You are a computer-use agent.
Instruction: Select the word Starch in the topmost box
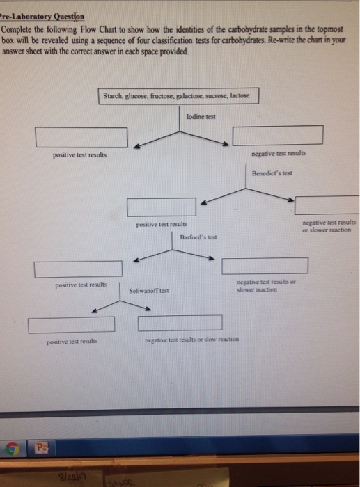(114, 95)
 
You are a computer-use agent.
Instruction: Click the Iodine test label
(201, 116)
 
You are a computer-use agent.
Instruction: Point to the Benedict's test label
(272, 171)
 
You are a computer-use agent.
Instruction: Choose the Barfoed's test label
(198, 237)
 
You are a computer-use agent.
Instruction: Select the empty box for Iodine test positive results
(81, 137)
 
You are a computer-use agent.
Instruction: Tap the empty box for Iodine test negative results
(277, 135)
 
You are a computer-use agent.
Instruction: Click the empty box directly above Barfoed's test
(162, 207)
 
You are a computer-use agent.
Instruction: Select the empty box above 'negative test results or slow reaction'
(180, 323)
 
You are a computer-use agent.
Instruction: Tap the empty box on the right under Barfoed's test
(265, 266)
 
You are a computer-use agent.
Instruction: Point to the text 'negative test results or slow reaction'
(191, 339)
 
